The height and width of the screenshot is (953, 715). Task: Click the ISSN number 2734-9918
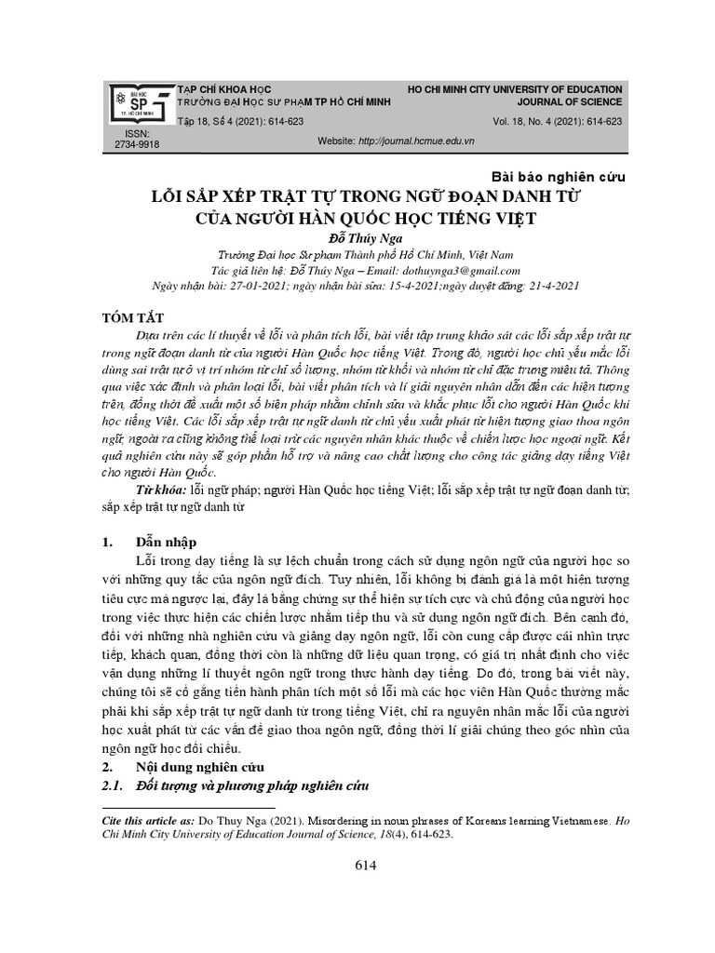(x=136, y=145)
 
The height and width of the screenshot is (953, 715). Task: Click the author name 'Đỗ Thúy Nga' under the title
(x=358, y=238)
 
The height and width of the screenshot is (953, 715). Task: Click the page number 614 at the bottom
(x=364, y=866)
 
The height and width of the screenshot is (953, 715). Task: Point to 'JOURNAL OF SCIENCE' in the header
(x=570, y=102)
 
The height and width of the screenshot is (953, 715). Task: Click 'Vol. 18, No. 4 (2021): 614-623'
(x=558, y=122)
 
